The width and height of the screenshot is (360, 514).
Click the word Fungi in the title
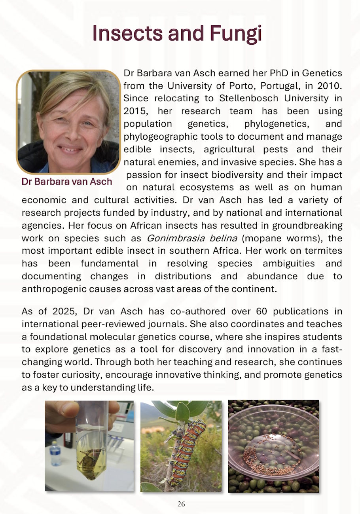[x=233, y=33]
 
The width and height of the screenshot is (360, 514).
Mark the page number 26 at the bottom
[x=181, y=504]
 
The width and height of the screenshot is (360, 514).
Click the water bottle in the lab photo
[x=56, y=453]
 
